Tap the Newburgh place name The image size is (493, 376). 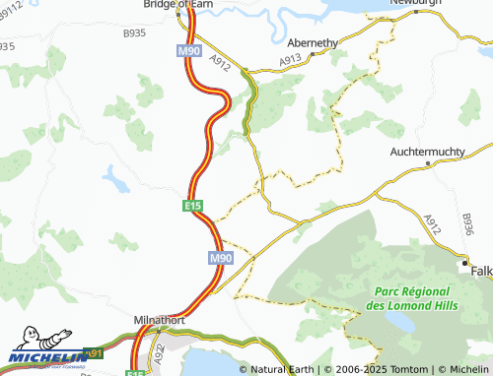(414, 3)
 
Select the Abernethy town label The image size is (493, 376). (314, 44)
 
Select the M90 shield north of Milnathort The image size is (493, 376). (220, 257)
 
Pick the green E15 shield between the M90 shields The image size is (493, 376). (193, 206)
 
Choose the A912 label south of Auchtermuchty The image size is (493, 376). (432, 225)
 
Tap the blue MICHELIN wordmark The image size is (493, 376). (47, 357)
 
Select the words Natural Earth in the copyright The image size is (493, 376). (283, 369)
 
